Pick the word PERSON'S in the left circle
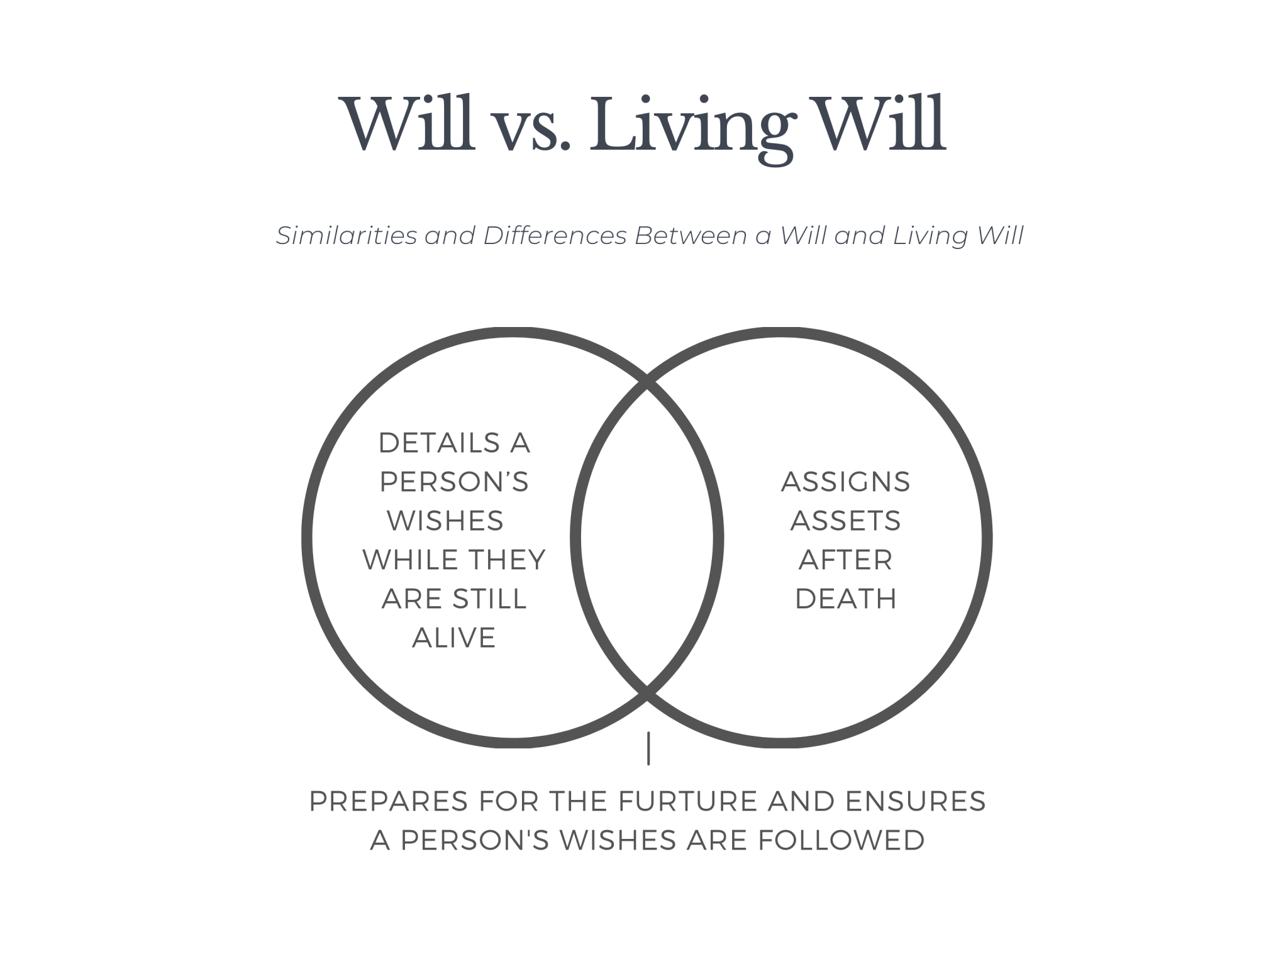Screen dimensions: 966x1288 click(x=454, y=482)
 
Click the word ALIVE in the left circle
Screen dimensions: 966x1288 click(x=454, y=638)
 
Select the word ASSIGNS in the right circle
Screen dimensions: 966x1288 click(x=845, y=482)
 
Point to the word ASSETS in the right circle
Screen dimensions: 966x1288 click(x=845, y=521)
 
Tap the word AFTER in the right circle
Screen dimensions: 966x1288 click(x=845, y=560)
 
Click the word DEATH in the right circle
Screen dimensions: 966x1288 click(x=845, y=599)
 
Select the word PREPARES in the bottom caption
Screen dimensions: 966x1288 click(x=388, y=801)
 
